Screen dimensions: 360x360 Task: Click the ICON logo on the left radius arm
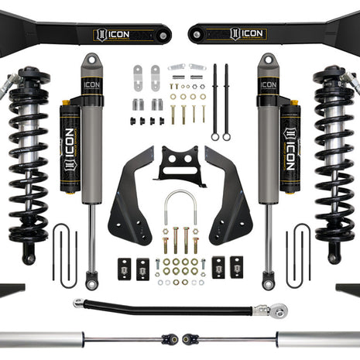click(114, 34)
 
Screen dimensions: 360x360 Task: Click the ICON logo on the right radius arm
click(247, 34)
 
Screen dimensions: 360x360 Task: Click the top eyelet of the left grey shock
click(91, 60)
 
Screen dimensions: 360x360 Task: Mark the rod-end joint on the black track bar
click(280, 311)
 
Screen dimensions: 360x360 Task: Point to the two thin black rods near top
click(221, 101)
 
